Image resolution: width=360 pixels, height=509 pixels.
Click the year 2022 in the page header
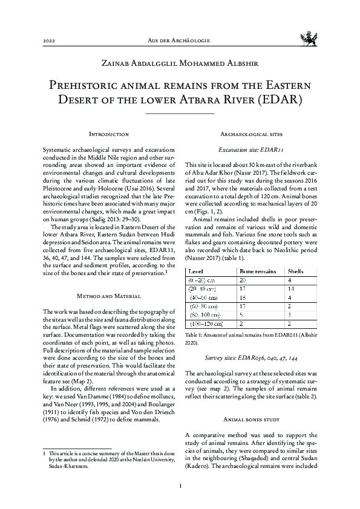49,40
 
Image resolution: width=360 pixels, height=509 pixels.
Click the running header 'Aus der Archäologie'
180,40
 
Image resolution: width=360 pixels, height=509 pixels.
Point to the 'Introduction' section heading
109,133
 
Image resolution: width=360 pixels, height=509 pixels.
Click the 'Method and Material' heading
109,296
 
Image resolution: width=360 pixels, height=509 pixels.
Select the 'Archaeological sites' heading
251,133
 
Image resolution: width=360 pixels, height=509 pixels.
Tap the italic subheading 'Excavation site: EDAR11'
251,148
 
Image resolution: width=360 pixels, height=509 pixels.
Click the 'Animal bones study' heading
251,401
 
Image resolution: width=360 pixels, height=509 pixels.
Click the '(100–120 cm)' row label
205,324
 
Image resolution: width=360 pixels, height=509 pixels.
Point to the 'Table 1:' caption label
195,334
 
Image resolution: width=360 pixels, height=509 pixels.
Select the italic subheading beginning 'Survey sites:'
251,357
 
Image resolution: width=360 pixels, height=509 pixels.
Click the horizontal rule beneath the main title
180,113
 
